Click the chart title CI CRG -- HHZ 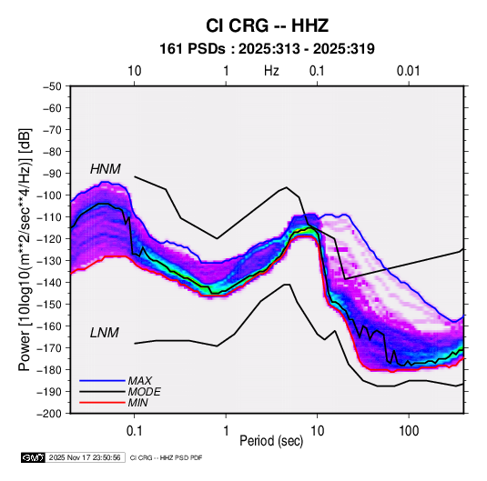tap(267, 25)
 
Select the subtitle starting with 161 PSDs tap(267, 49)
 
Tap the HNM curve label tap(106, 169)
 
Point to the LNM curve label tap(105, 333)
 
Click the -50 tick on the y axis tap(53, 86)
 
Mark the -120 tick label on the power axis tap(49, 239)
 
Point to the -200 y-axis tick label tap(49, 414)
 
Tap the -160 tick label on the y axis tap(49, 326)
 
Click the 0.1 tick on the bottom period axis tap(134, 431)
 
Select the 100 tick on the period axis tap(409, 431)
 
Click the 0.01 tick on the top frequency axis tap(409, 71)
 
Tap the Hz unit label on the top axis tap(271, 71)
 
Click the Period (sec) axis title tap(271, 441)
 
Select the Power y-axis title tap(25, 249)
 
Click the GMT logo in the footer tap(34, 457)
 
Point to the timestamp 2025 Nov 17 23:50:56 tap(85, 457)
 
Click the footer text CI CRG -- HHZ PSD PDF tap(167, 457)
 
